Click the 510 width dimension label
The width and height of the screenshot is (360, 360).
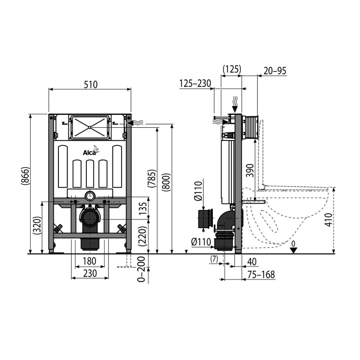click(x=90, y=85)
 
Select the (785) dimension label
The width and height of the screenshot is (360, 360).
click(x=152, y=178)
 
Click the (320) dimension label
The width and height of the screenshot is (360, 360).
click(x=37, y=225)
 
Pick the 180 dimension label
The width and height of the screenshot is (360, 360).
click(x=89, y=261)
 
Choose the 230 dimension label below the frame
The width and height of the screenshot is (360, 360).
click(x=90, y=274)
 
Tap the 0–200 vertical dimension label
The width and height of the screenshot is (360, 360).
click(x=141, y=269)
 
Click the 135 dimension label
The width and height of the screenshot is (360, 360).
click(x=143, y=208)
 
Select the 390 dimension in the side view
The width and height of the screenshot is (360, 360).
click(x=250, y=171)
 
